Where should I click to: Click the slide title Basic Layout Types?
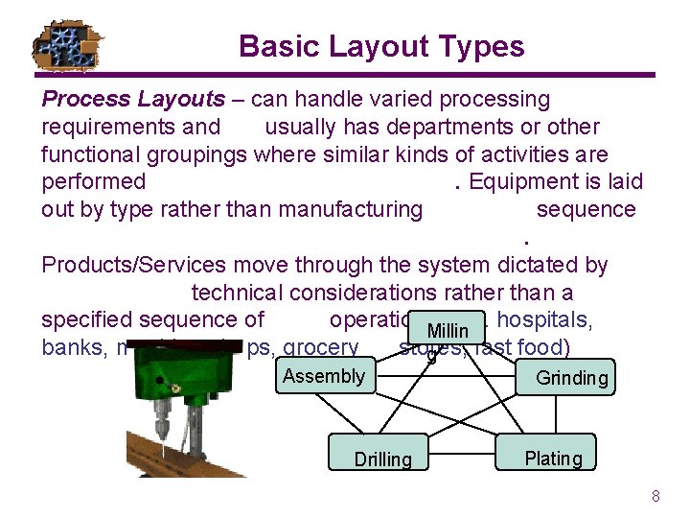pos(381,46)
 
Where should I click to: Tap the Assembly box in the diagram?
pos(324,376)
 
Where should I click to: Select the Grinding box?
pos(571,378)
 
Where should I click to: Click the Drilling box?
pos(382,459)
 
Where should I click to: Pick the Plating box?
pos(553,458)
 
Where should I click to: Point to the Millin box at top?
pos(448,329)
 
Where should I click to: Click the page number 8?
pos(655,496)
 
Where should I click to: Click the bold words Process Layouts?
pos(133,99)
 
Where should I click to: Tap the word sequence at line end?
pos(586,209)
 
